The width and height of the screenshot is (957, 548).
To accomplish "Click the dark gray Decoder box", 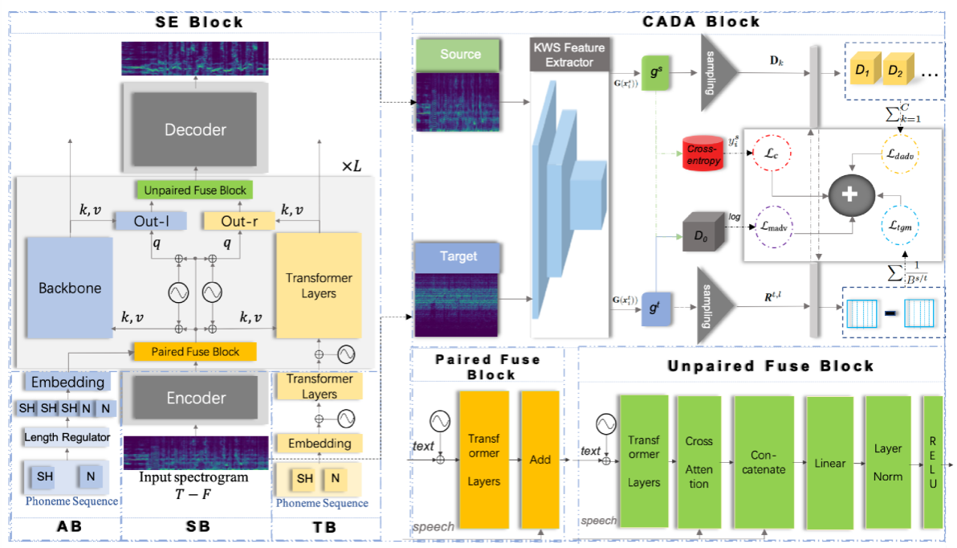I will pos(195,129).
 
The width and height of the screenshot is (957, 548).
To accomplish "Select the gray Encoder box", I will pos(195,398).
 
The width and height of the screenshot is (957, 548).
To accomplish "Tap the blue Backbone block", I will pos(68,287).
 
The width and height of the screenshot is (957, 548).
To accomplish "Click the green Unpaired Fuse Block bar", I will pos(195,190).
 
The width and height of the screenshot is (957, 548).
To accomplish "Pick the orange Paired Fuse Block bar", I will pos(195,352).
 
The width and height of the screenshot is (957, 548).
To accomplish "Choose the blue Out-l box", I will pos(150,221).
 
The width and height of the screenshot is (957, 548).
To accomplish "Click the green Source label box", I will pos(460,55).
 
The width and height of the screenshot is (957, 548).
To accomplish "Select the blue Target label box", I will pos(458,256).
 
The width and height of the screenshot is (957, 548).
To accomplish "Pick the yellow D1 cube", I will pos(862,72).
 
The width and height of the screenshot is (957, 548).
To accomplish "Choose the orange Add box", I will pos(540,459).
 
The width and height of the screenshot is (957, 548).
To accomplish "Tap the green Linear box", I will pos(829,463).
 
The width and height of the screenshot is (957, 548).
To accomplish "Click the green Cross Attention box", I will pos(698,463).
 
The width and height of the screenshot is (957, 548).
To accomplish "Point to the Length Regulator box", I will pos(69,437).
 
